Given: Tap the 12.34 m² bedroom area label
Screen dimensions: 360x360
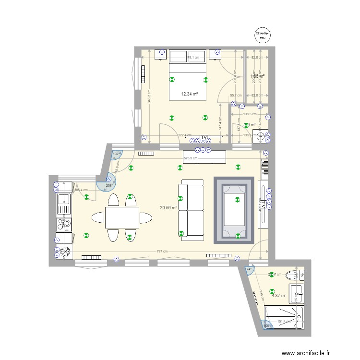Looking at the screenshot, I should [189, 94].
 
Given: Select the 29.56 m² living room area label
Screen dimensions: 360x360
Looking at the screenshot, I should [168, 208].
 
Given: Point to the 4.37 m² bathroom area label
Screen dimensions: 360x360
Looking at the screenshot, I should [278, 295].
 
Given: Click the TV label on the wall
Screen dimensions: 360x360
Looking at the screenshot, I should [204, 138].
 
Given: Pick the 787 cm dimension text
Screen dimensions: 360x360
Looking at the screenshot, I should [162, 251].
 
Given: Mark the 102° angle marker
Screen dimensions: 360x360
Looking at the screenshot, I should [116, 154].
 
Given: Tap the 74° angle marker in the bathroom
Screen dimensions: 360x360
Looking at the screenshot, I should [249, 269].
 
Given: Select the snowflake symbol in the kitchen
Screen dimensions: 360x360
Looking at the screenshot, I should [64, 252].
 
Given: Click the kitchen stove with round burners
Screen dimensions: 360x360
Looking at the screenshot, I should [64, 224].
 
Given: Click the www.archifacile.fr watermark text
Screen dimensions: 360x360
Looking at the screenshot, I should [306, 353].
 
